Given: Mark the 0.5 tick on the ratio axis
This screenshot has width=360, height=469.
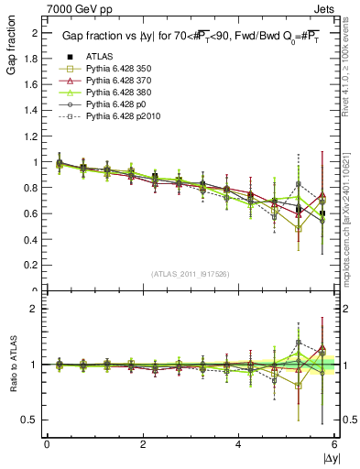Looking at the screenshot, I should pyautogui.click(x=34, y=420).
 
